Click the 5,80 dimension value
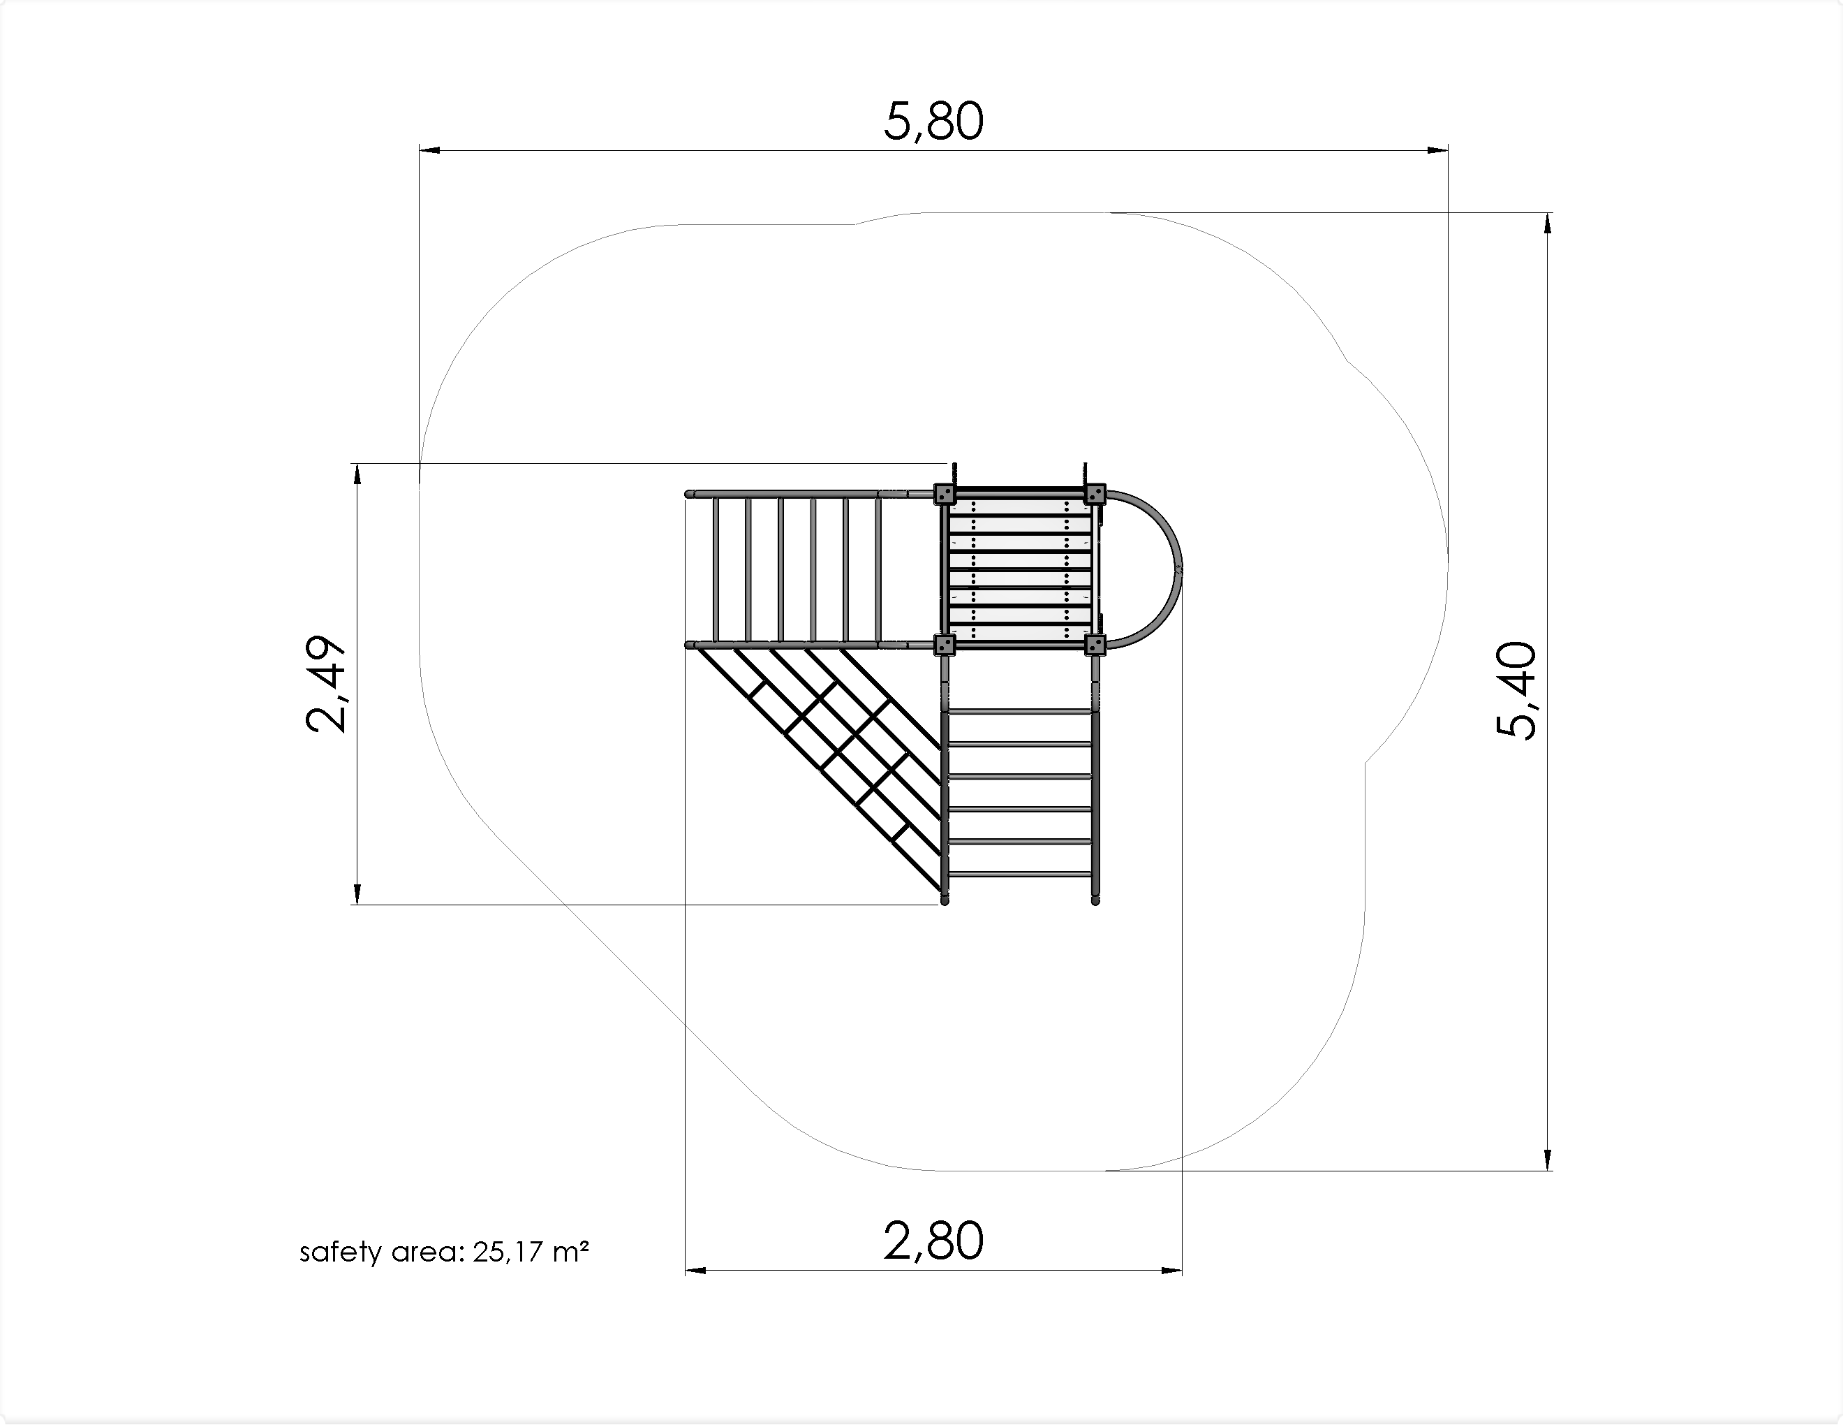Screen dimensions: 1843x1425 point(933,122)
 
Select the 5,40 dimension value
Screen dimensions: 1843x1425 point(1516,691)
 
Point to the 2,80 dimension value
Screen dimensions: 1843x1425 point(933,1241)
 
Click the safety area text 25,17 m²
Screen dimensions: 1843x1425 point(530,1252)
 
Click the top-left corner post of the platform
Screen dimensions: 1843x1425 point(945,494)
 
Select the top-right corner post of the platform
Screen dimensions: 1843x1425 point(1095,494)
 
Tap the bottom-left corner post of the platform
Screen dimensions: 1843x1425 point(945,646)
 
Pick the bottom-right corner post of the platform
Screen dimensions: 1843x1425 point(1095,646)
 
